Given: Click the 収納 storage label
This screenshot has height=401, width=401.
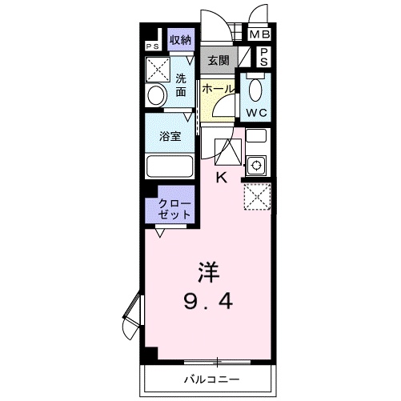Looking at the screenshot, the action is tap(181, 40).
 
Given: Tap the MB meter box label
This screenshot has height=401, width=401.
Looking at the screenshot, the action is tap(260, 34).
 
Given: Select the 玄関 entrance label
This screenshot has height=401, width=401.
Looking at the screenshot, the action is tap(219, 60).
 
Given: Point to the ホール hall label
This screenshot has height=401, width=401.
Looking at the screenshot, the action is tap(219, 89).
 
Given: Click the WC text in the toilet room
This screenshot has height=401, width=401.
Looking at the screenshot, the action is tap(256, 113).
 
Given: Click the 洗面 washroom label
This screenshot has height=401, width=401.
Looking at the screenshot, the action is tap(181, 85).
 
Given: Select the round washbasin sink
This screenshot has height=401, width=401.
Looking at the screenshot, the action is tap(157, 95).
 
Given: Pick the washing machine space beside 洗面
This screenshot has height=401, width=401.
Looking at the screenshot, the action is tap(158, 70).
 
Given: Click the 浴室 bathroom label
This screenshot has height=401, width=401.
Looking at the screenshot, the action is tap(170, 136).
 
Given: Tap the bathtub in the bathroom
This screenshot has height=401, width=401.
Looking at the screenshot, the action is tap(170, 166).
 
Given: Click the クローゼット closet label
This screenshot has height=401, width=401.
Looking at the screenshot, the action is tap(174, 210).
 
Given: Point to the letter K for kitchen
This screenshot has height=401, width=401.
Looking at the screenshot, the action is tap(222, 178).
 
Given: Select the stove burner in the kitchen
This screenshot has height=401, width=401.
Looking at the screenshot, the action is tap(256, 166).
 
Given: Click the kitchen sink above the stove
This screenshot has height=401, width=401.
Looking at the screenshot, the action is tap(256, 136).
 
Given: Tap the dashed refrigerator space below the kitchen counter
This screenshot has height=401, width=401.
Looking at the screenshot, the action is tap(257, 197).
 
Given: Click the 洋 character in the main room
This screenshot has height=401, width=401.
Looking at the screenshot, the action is tap(208, 272).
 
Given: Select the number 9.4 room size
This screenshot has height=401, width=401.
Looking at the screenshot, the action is tap(208, 301).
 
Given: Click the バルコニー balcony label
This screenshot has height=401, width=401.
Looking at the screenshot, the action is tap(212, 379).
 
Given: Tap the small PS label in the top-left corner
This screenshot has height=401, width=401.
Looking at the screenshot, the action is tap(153, 46).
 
